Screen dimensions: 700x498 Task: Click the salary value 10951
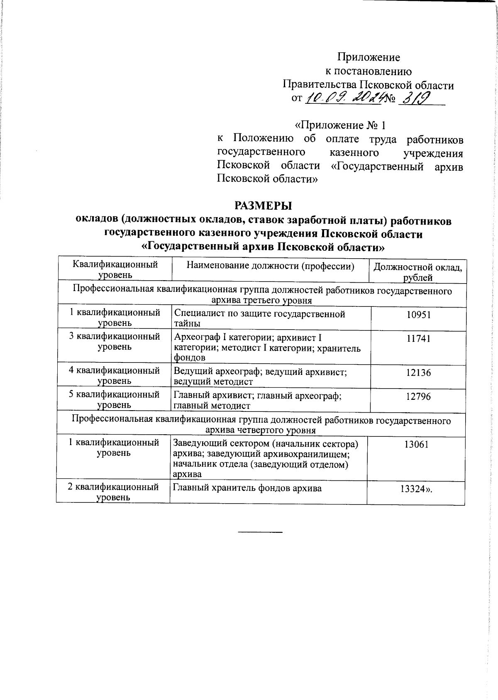pos(419,315)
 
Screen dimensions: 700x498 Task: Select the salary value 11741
pos(419,339)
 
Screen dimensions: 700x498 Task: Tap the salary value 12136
pos(418,373)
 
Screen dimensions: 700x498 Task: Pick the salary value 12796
pos(418,397)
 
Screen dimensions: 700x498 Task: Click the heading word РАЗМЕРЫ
pos(263,206)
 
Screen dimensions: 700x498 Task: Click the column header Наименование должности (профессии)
pos(271,266)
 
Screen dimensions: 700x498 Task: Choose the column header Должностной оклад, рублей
pos(418,272)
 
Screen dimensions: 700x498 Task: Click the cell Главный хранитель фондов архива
pos(247,488)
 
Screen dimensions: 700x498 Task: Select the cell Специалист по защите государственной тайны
pos(259,319)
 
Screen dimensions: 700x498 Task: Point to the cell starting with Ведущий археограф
pos(259,377)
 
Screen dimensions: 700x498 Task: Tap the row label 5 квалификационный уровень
pos(115,399)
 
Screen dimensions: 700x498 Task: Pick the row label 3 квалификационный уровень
pos(115,341)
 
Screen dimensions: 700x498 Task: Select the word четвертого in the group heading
pos(261,430)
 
